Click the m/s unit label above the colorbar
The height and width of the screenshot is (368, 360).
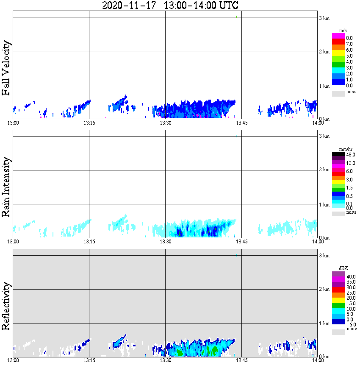tap(338, 31)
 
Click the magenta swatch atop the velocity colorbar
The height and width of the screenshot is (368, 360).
tap(338, 36)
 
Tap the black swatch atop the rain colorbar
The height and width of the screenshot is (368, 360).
tap(338, 154)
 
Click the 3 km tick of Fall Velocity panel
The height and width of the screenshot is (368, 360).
tap(324, 18)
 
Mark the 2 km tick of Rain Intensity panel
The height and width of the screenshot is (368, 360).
tap(324, 170)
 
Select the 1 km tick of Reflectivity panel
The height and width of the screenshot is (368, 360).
tap(324, 324)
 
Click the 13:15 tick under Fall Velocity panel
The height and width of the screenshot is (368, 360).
tap(89, 123)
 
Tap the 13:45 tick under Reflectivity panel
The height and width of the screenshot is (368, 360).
tap(241, 360)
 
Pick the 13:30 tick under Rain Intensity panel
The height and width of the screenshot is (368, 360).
tap(165, 242)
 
